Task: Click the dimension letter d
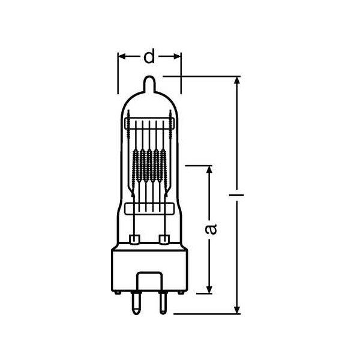pyautogui.click(x=149, y=56)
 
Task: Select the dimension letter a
pyautogui.click(x=211, y=229)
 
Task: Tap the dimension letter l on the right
pyautogui.click(x=236, y=195)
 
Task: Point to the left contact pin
pyautogui.click(x=136, y=303)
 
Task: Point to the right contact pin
pyautogui.click(x=163, y=303)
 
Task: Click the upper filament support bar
pyautogui.click(x=149, y=123)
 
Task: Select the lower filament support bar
pyautogui.click(x=149, y=209)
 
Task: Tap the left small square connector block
pyautogui.click(x=134, y=239)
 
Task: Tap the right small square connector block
pyautogui.click(x=164, y=239)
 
